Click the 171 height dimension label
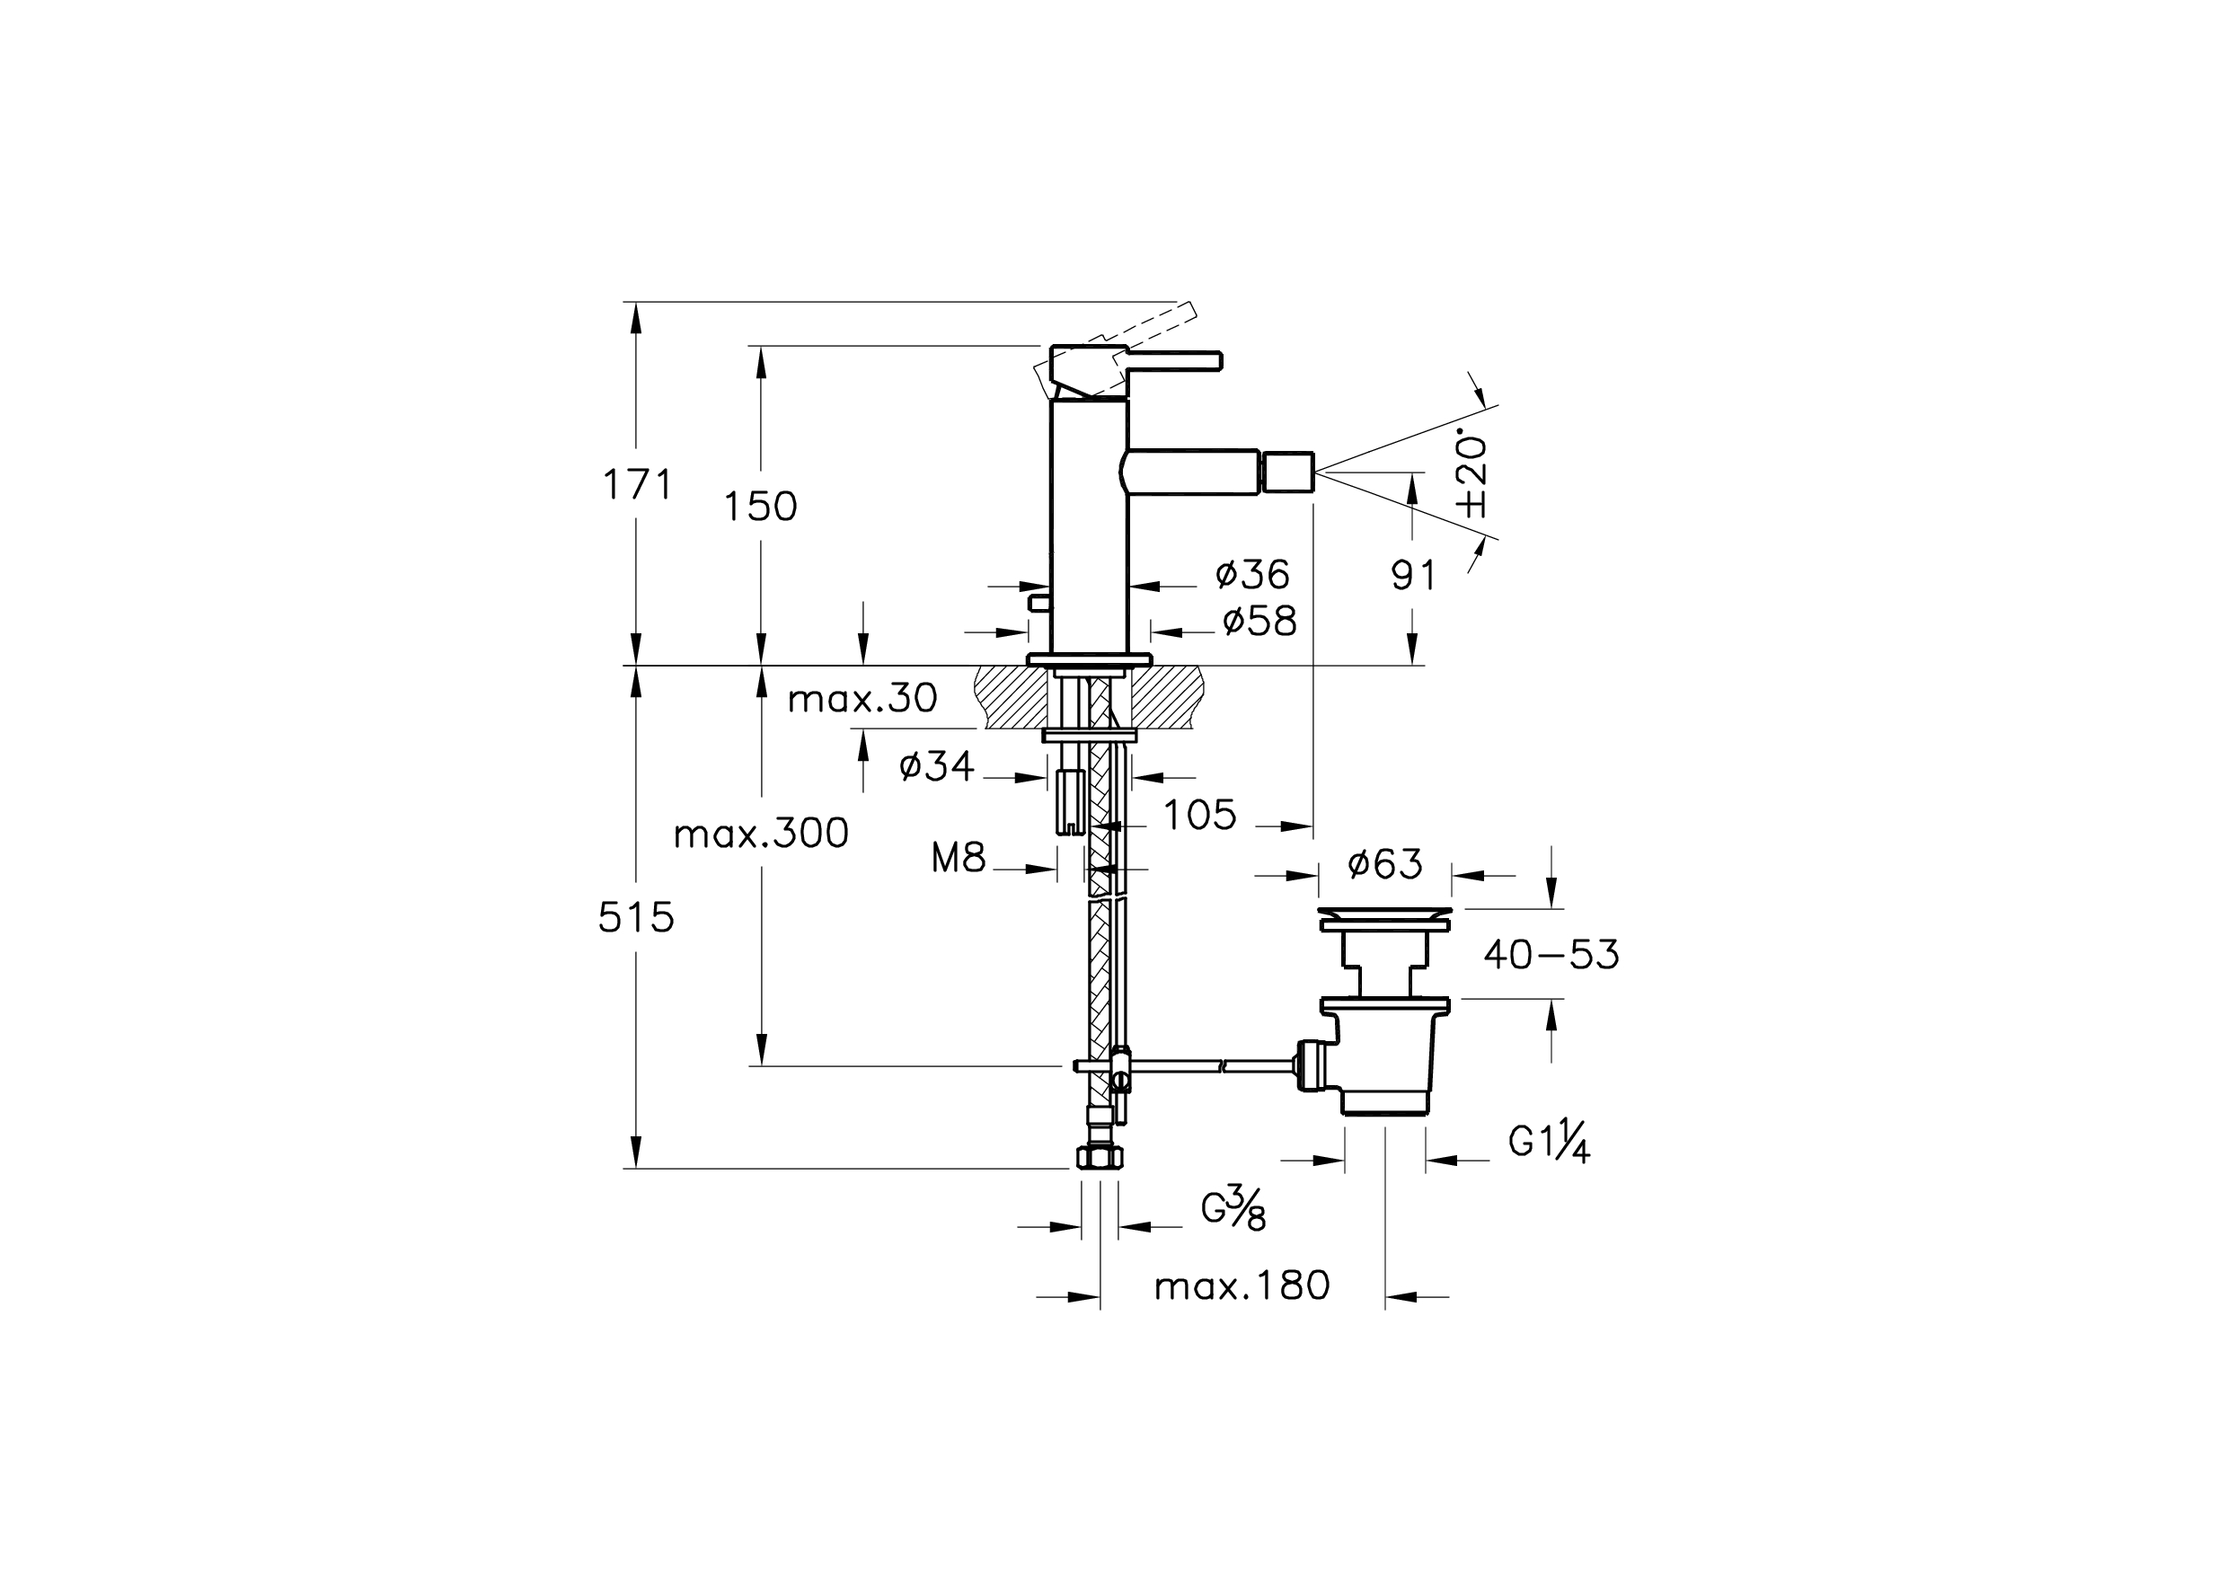(637, 484)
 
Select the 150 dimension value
(760, 507)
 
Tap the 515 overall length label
(635, 916)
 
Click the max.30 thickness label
(862, 698)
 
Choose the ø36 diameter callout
(1252, 575)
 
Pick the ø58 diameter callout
(1259, 622)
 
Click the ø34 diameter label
(936, 767)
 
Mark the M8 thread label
(959, 857)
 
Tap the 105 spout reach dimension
(1200, 816)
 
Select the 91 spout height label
(1413, 576)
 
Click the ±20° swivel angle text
(1472, 475)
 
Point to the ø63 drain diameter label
(1385, 863)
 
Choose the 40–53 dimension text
(1551, 955)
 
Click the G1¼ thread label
(1549, 1144)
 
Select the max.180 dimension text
(1242, 1286)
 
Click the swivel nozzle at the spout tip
(1287, 472)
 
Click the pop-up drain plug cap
(1385, 914)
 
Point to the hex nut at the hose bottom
(1100, 1157)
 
